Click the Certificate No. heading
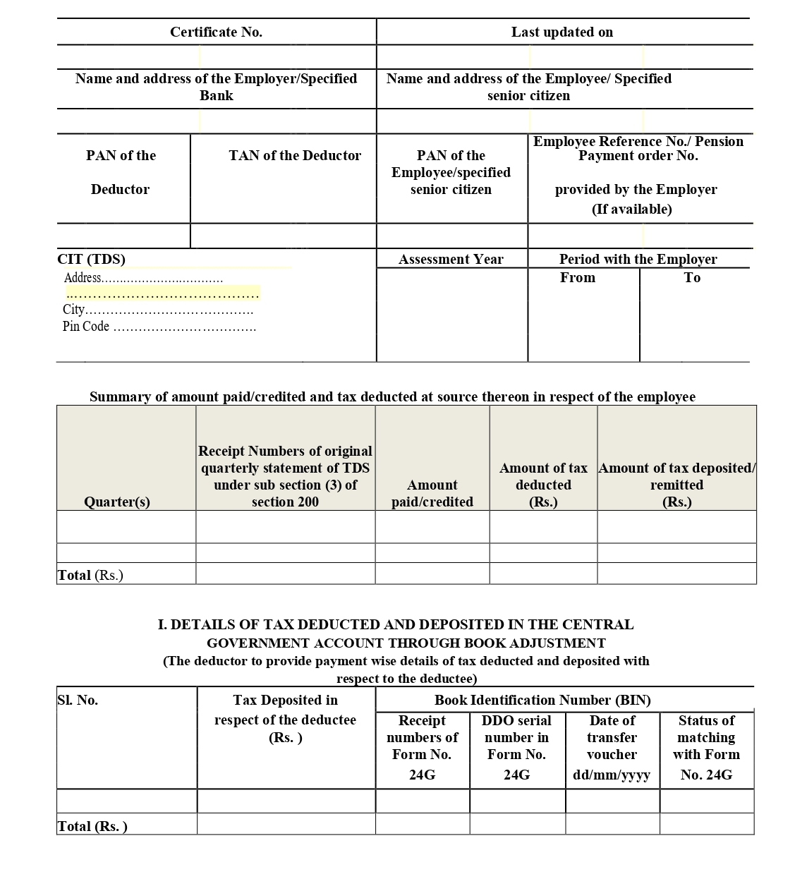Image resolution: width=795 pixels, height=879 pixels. pos(216,32)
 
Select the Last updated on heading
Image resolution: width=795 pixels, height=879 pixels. pos(562,32)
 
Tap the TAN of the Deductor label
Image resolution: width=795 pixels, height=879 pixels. pos(295,155)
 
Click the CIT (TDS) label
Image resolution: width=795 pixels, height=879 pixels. pos(91,259)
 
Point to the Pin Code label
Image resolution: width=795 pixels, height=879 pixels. pos(86,326)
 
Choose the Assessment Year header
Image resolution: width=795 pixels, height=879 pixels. pos(451,259)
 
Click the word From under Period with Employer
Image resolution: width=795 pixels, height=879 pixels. pos(578,277)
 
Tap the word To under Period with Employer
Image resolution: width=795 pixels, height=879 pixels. pos(692,277)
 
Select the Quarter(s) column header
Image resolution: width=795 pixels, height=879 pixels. pos(117,502)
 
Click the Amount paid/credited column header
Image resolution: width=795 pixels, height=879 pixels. pos(432,493)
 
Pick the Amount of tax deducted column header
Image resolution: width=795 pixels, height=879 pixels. pos(543,485)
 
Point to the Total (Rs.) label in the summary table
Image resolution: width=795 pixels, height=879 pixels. pos(90,575)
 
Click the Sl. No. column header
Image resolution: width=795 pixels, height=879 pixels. pos(78,700)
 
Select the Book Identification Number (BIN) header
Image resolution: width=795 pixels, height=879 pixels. pos(542,700)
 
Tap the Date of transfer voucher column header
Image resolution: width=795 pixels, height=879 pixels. pos(612,747)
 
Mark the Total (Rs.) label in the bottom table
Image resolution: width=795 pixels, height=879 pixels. pos(92,826)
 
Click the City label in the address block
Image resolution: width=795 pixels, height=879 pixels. pos(74,309)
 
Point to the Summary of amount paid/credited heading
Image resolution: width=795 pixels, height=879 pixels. pos(392,396)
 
